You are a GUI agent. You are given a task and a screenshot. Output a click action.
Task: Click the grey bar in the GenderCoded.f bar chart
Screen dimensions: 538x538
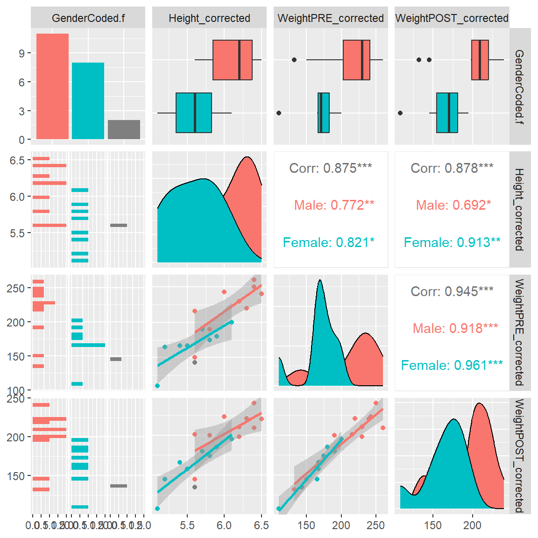124,129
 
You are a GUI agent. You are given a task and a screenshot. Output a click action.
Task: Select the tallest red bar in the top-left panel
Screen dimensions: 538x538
52,86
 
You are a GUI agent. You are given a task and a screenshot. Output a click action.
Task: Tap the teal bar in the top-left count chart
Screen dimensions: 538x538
88,101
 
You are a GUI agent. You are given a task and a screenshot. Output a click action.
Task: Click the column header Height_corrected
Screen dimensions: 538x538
209,18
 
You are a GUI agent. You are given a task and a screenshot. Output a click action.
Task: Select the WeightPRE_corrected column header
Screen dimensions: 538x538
331,18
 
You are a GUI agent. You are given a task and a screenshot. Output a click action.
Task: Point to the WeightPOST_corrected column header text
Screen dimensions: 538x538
452,18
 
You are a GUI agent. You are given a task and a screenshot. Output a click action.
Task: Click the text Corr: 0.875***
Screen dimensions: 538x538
331,168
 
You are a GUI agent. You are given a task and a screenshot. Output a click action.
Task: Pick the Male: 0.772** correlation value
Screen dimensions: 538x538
334,205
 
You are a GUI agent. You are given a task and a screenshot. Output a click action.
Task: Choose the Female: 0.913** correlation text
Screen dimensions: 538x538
452,242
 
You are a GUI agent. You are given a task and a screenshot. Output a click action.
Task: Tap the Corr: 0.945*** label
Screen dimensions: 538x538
452,291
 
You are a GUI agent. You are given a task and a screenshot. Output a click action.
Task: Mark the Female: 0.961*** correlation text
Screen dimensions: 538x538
452,365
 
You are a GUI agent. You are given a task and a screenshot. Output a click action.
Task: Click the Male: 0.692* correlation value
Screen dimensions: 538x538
453,205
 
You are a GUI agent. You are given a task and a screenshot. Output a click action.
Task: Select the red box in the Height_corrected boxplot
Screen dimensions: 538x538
233,60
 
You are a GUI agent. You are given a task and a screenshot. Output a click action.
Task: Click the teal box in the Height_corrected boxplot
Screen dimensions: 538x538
194,113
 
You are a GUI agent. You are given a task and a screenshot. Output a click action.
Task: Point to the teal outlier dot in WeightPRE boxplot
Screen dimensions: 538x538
279,113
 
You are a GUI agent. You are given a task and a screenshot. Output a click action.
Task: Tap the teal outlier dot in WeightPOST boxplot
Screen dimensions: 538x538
400,113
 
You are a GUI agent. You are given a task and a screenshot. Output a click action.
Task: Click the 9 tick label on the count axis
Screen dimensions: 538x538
22,53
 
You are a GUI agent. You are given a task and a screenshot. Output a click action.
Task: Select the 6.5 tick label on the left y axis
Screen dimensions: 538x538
17,161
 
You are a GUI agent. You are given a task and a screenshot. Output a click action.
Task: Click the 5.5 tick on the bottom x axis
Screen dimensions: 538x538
187,525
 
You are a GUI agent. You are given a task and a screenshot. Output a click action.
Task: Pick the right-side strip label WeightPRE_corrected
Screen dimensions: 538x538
519,333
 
